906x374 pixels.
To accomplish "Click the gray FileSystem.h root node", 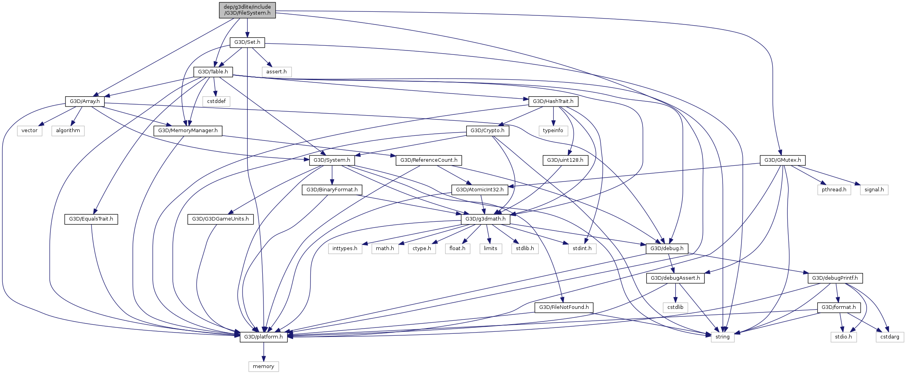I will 247,10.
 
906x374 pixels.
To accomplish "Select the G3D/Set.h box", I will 247,42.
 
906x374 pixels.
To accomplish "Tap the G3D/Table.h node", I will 213,72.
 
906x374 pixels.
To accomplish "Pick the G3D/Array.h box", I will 85,101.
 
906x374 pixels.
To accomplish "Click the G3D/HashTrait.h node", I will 553,101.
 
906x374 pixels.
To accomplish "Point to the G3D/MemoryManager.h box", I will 188,131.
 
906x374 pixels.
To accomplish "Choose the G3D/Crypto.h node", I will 488,131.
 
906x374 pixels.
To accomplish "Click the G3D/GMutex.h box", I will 783,160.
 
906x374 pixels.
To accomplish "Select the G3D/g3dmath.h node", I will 486,219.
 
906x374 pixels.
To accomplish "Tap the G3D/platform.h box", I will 263,337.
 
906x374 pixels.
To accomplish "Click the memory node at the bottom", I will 263,367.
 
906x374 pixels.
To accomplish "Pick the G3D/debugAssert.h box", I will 675,278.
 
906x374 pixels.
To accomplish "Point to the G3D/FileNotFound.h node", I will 564,307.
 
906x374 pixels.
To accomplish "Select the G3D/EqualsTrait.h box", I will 91,219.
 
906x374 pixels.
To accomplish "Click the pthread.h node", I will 834,190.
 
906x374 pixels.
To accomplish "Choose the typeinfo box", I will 553,131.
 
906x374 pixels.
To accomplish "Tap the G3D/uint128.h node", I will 565,160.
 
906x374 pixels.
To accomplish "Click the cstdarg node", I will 890,337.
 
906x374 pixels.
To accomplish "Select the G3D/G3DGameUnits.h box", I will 220,219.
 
